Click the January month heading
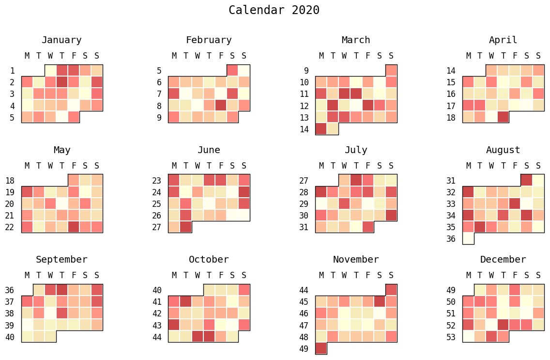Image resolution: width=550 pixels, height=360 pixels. coord(61,40)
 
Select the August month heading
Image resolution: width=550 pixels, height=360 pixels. coord(503,150)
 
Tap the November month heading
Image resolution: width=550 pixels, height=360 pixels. coord(356,260)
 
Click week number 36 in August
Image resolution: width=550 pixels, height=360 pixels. coord(451,239)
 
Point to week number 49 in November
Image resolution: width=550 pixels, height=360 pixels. coord(304,348)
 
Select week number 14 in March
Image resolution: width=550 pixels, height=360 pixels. coord(304,129)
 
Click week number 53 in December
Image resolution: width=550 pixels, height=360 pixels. coord(451,337)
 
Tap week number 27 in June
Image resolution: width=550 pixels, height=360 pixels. coord(156,227)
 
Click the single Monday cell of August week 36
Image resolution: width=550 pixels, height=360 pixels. coord(468,238)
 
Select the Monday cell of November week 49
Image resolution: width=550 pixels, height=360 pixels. coord(321,348)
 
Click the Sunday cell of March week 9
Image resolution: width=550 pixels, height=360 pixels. coord(391,70)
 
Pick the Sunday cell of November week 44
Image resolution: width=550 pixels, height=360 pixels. coord(391,290)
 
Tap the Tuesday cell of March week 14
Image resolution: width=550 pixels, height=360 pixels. coord(333,128)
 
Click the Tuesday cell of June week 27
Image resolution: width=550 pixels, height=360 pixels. coord(186,227)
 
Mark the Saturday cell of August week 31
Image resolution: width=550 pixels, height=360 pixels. coord(526,180)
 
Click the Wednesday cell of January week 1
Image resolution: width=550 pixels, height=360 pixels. coord(50,70)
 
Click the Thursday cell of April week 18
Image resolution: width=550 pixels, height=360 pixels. coord(503,117)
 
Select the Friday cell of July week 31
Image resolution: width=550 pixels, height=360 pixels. coord(368,227)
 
